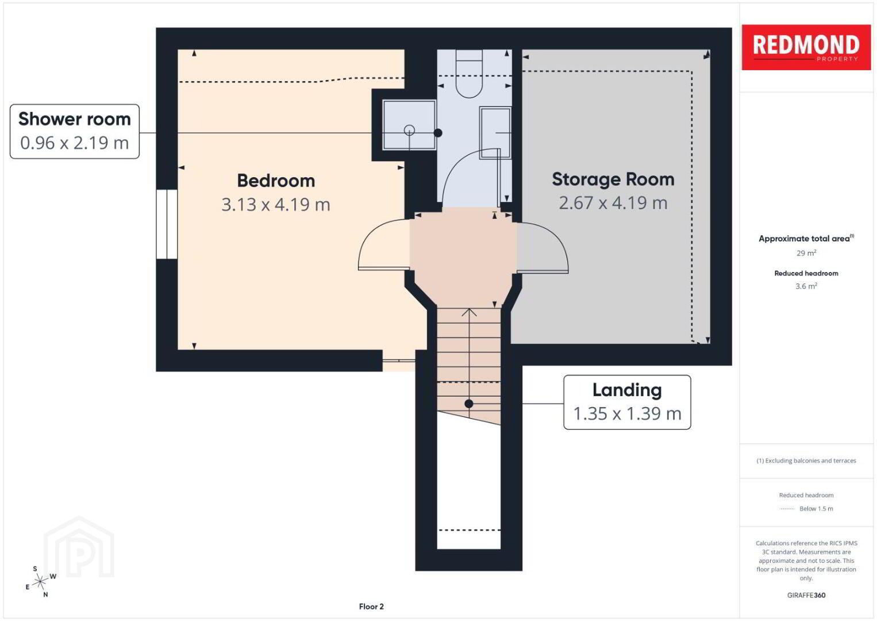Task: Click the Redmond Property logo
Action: [x=806, y=47]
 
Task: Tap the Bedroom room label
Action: [x=276, y=181]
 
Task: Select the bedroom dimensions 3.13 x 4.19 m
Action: [x=276, y=205]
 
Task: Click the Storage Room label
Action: [x=613, y=179]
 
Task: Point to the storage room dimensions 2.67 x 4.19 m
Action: [x=613, y=203]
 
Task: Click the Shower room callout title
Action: [x=74, y=118]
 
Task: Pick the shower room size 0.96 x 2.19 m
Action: [x=74, y=143]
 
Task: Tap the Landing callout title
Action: [x=627, y=390]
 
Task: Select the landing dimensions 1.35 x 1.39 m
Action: [x=627, y=414]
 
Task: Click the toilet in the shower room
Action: [x=469, y=74]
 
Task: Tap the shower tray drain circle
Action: [x=409, y=130]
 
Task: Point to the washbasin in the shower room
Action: [x=495, y=133]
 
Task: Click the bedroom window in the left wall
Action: [x=167, y=224]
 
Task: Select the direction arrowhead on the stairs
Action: [x=469, y=312]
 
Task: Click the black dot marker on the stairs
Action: [x=469, y=404]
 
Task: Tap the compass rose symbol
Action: [x=40, y=582]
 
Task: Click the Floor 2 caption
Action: [x=371, y=607]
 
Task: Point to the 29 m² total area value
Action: [x=806, y=253]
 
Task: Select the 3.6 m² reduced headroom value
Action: [x=806, y=286]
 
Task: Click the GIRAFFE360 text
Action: [x=806, y=595]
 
